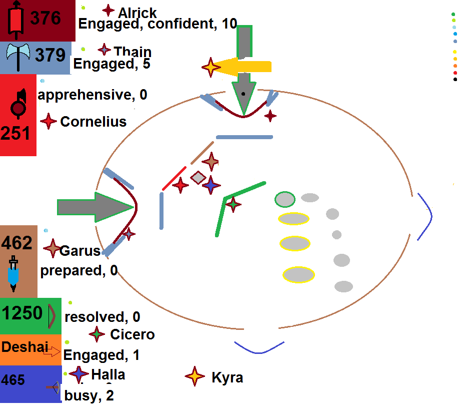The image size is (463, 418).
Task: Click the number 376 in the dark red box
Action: [x=45, y=18]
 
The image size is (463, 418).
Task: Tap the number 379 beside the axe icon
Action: [x=50, y=55]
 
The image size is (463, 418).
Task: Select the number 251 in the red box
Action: [x=15, y=134]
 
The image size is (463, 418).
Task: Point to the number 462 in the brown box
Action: [x=17, y=243]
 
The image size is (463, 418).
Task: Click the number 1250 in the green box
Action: [x=22, y=313]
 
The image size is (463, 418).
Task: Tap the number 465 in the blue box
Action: [x=13, y=380]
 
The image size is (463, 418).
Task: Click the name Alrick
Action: [x=137, y=13]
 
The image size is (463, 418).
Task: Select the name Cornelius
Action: [x=93, y=122]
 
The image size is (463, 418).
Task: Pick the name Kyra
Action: [x=227, y=377]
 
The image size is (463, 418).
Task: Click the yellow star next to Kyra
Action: [x=195, y=376]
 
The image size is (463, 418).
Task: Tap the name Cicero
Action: [x=132, y=334]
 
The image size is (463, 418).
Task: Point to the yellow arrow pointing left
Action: [x=245, y=66]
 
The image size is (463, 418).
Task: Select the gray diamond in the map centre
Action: [x=198, y=177]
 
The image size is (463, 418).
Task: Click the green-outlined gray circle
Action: [x=285, y=199]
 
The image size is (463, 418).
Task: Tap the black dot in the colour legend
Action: [x=455, y=79]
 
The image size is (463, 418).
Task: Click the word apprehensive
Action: [x=85, y=95]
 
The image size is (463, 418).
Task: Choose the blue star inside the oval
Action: [x=211, y=185]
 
